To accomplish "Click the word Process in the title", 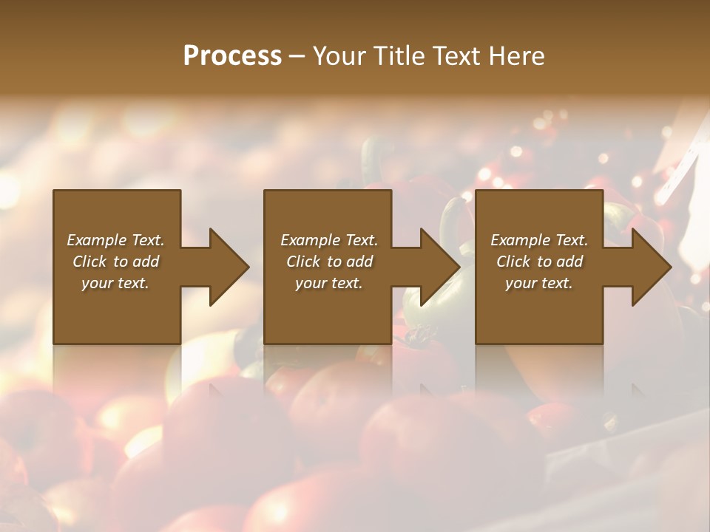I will pyautogui.click(x=232, y=56).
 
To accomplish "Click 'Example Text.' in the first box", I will pyautogui.click(x=115, y=240).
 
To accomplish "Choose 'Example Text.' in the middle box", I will pyautogui.click(x=329, y=240).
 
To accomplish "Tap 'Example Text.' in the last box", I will pyautogui.click(x=539, y=240).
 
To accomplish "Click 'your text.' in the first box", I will pyautogui.click(x=115, y=283).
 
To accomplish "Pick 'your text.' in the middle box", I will pyautogui.click(x=329, y=283).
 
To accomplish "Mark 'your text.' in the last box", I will pyautogui.click(x=539, y=283).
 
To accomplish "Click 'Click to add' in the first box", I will pyautogui.click(x=115, y=262).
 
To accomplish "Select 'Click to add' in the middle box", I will pyautogui.click(x=329, y=262).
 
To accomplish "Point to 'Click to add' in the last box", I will pyautogui.click(x=539, y=262).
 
